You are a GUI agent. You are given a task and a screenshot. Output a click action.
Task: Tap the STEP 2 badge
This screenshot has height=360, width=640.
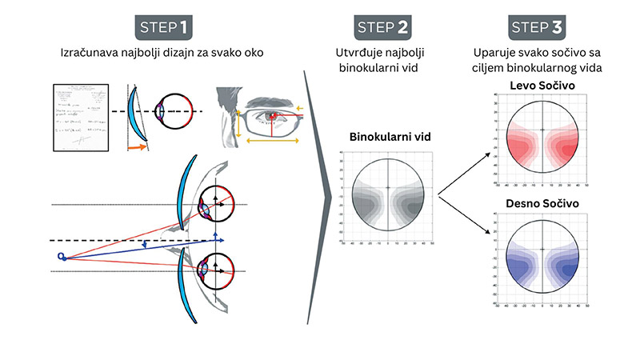383,27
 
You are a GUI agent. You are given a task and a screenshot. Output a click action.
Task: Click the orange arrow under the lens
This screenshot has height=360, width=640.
138,148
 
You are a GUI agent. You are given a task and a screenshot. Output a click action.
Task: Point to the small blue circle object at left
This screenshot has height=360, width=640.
61,256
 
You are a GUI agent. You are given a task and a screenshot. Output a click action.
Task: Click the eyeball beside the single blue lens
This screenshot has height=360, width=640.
170,111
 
